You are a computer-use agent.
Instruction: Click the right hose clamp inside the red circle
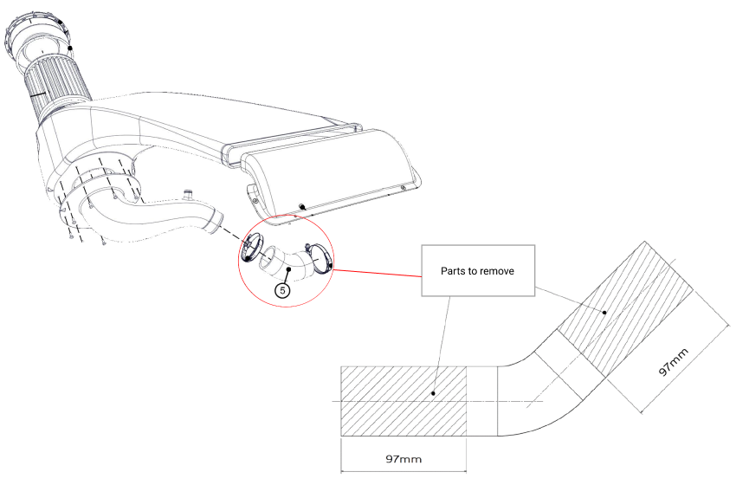pyautogui.click(x=320, y=259)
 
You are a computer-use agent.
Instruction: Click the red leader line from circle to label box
pyautogui.click(x=378, y=273)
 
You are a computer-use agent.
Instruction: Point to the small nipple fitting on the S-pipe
pyautogui.click(x=185, y=192)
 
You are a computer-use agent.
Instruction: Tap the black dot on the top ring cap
pyautogui.click(x=71, y=49)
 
